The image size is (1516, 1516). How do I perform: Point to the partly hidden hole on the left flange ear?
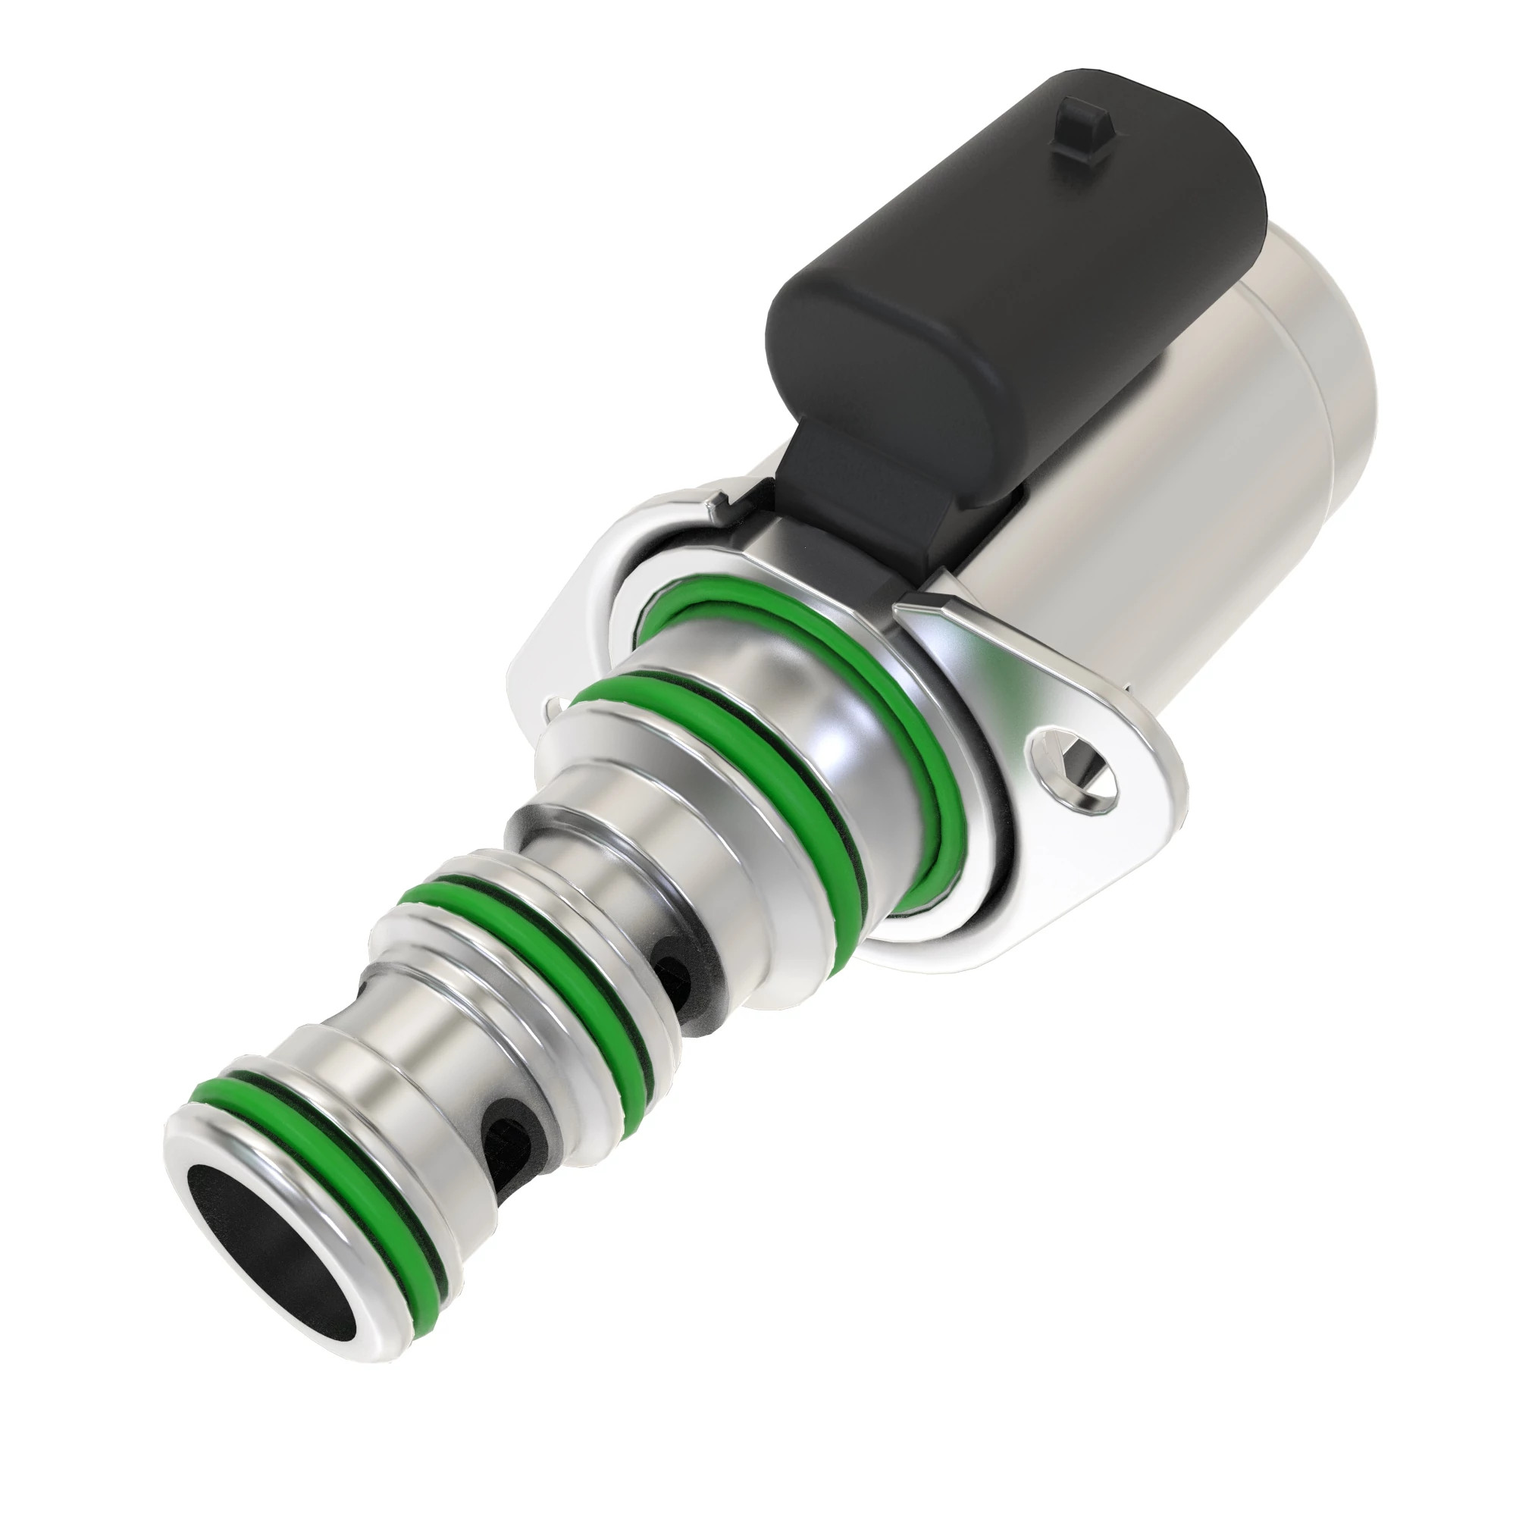(x=555, y=705)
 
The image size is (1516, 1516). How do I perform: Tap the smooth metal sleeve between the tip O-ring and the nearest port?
(x=393, y=1091)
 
